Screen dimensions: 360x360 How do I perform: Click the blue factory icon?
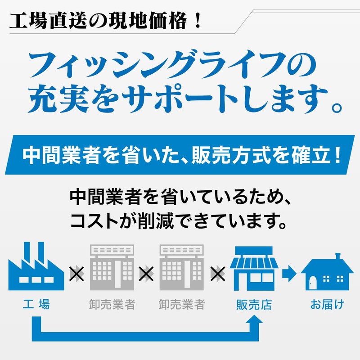click(36, 266)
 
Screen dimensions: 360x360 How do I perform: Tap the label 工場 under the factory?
click(36, 305)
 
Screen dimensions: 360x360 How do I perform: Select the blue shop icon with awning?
click(254, 268)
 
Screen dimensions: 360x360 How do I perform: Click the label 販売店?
click(254, 305)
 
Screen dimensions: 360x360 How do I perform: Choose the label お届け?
click(327, 305)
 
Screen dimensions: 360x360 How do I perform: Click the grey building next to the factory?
click(112, 267)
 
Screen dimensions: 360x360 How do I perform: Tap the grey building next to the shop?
click(181, 267)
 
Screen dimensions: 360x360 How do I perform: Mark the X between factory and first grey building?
click(77, 274)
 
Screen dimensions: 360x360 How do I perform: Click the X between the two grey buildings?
click(147, 274)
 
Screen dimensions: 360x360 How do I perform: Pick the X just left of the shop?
click(218, 274)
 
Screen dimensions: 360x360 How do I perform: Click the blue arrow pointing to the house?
click(289, 274)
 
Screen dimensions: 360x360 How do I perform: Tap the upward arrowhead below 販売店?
click(254, 319)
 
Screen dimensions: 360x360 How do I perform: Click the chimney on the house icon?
click(337, 256)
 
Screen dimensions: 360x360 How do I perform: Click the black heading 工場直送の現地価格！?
click(105, 21)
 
